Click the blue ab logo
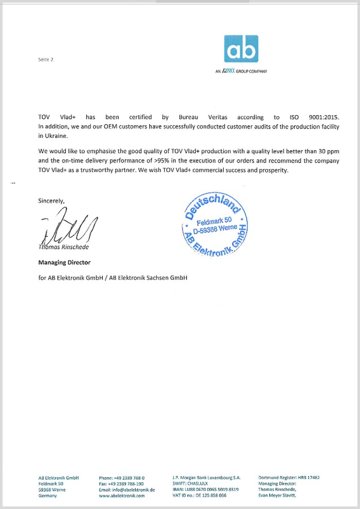coord(241,48)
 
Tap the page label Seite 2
coord(46,60)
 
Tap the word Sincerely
coord(51,201)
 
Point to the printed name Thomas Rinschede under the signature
coord(63,247)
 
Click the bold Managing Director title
coord(64,262)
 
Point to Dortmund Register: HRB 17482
coord(289,478)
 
